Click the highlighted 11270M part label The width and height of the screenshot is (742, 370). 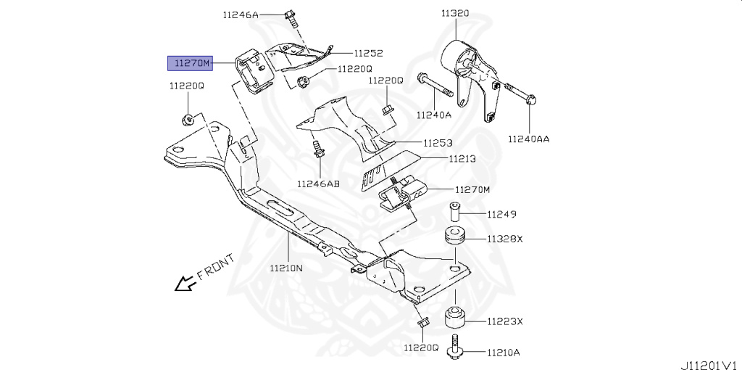tap(190, 64)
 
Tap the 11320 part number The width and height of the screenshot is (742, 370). tap(454, 13)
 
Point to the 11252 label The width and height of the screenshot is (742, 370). tap(368, 53)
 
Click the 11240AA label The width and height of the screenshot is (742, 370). tap(528, 139)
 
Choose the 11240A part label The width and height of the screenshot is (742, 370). tap(433, 115)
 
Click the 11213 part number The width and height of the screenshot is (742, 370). tap(462, 157)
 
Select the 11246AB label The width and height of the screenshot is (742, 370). tap(318, 184)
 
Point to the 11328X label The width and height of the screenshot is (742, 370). tap(504, 238)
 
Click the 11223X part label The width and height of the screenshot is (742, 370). tap(504, 321)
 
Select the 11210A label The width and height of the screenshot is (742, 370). tap(504, 353)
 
